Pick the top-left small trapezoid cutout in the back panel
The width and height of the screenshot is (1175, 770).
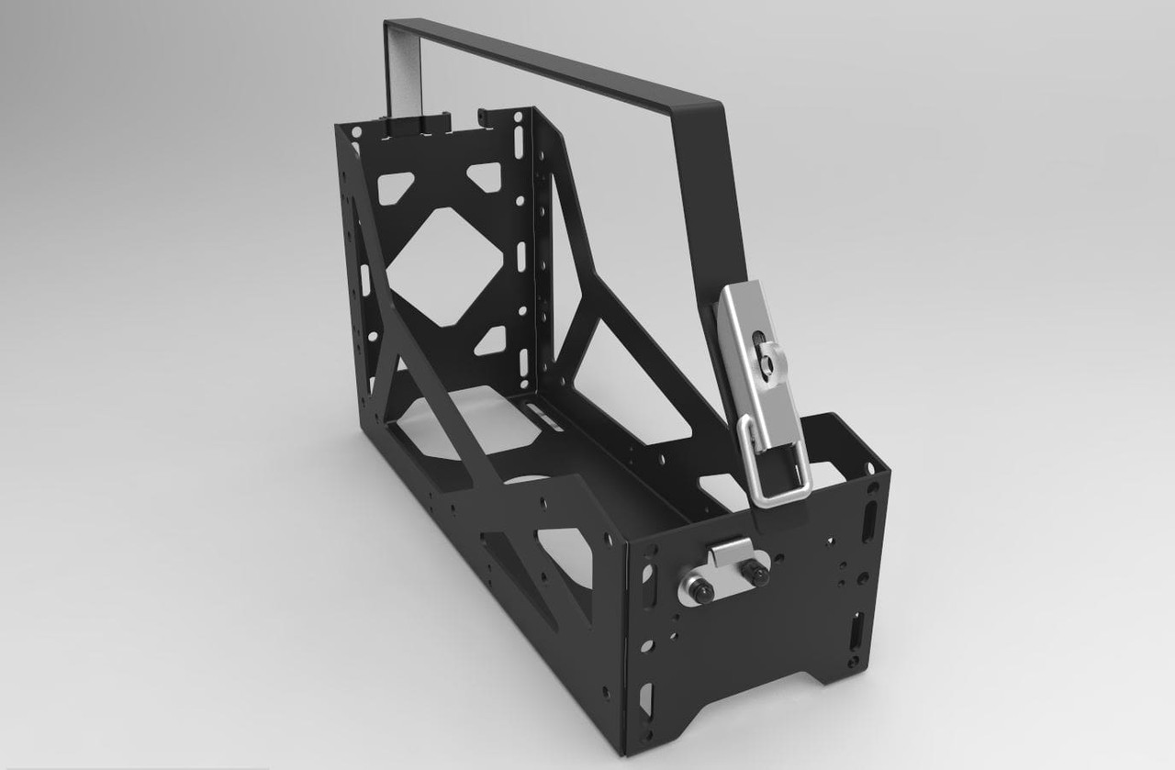point(396,188)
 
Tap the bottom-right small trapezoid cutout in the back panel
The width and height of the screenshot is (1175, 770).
point(491,340)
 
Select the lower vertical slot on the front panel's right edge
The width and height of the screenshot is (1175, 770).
point(857,632)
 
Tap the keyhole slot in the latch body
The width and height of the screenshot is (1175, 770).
point(761,353)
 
